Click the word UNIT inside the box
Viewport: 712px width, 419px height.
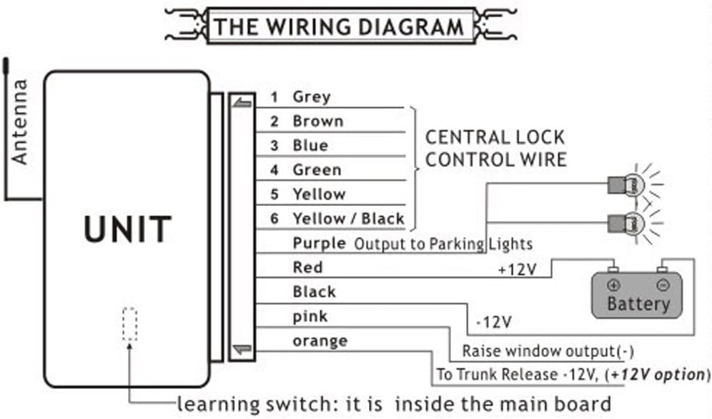pos(127,229)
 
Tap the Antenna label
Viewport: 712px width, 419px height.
pos(19,122)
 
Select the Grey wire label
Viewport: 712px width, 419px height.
pos(311,97)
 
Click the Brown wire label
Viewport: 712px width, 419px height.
pos(317,121)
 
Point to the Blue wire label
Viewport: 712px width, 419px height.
pos(310,145)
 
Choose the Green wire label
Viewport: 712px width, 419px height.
pos(317,170)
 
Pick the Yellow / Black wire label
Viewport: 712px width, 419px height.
pos(348,219)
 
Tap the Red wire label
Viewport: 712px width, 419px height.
pos(307,267)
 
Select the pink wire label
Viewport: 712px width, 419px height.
pos(310,316)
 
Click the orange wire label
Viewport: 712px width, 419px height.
pos(320,341)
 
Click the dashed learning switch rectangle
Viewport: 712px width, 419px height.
pos(129,323)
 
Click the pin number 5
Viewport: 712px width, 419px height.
pos(274,194)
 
